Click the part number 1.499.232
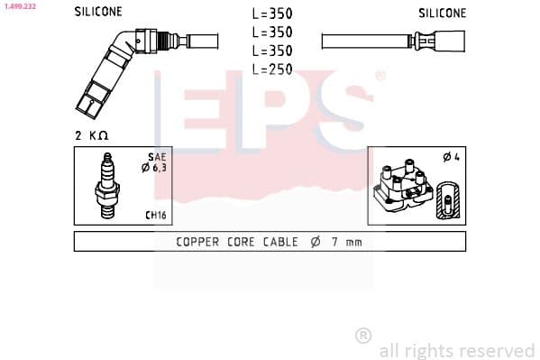pyautogui.click(x=19, y=6)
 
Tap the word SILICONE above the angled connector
pyautogui.click(x=98, y=13)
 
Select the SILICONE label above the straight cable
pyautogui.click(x=442, y=13)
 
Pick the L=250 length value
pyautogui.click(x=271, y=69)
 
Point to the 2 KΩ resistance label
pyautogui.click(x=92, y=134)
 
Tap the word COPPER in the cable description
pyautogui.click(x=197, y=242)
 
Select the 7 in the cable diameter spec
pyautogui.click(x=334, y=242)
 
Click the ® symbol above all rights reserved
pyautogui.click(x=362, y=335)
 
